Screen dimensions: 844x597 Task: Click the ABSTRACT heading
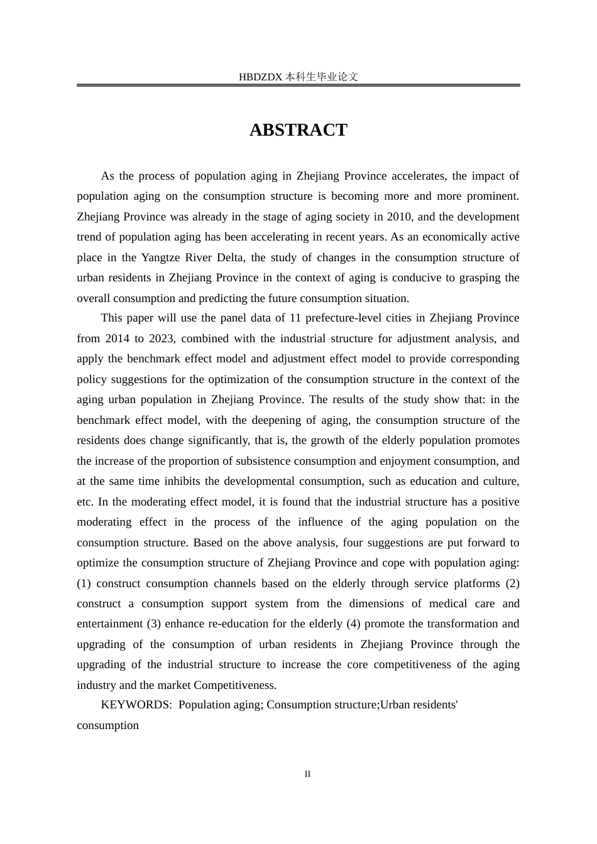coord(298,130)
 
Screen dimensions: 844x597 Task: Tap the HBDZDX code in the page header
coord(260,77)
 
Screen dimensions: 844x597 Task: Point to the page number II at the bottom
coord(307,774)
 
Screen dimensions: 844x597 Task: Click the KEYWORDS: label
coord(136,705)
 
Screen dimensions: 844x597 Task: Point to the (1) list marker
coord(84,583)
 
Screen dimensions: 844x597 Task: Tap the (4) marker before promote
coord(354,624)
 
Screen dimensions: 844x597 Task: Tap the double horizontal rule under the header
coord(298,85)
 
